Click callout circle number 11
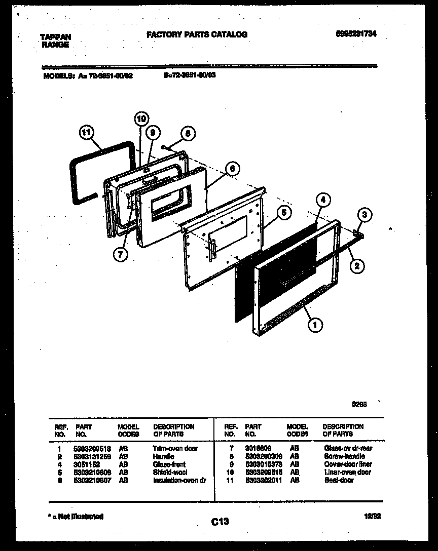(x=87, y=133)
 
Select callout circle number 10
(x=141, y=119)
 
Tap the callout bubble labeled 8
(x=187, y=134)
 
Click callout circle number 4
(x=323, y=200)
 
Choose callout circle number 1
(x=315, y=326)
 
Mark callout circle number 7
(x=120, y=255)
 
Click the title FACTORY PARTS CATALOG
(x=197, y=34)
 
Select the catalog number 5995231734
(x=356, y=34)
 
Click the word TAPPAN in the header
(x=55, y=36)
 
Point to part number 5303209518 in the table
(x=92, y=449)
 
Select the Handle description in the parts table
(x=163, y=456)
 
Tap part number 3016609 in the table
(x=258, y=449)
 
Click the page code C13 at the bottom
(x=218, y=522)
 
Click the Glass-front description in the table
(x=169, y=464)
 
